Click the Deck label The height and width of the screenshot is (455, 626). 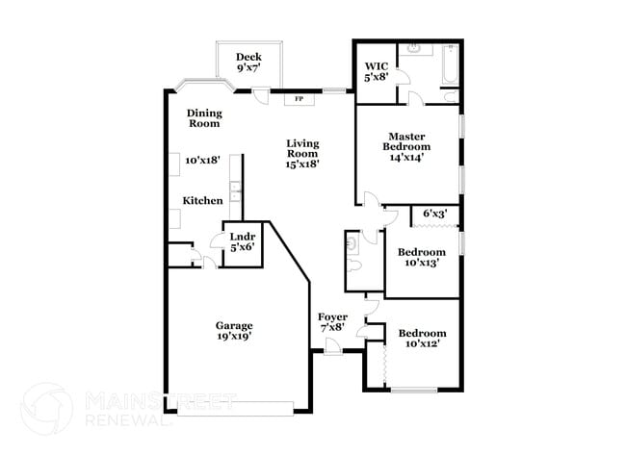tap(248, 57)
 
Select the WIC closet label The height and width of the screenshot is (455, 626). tap(376, 66)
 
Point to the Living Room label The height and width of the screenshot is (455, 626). tap(301, 148)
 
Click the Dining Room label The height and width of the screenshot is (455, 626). tap(203, 117)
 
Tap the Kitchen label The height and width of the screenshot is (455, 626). tap(203, 200)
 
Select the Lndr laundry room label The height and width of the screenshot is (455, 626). tap(242, 236)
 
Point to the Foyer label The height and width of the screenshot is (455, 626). tap(333, 316)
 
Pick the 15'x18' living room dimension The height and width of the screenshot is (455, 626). tap(301, 164)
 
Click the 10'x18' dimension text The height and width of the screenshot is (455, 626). tap(203, 161)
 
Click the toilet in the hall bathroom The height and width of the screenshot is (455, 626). tap(352, 245)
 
